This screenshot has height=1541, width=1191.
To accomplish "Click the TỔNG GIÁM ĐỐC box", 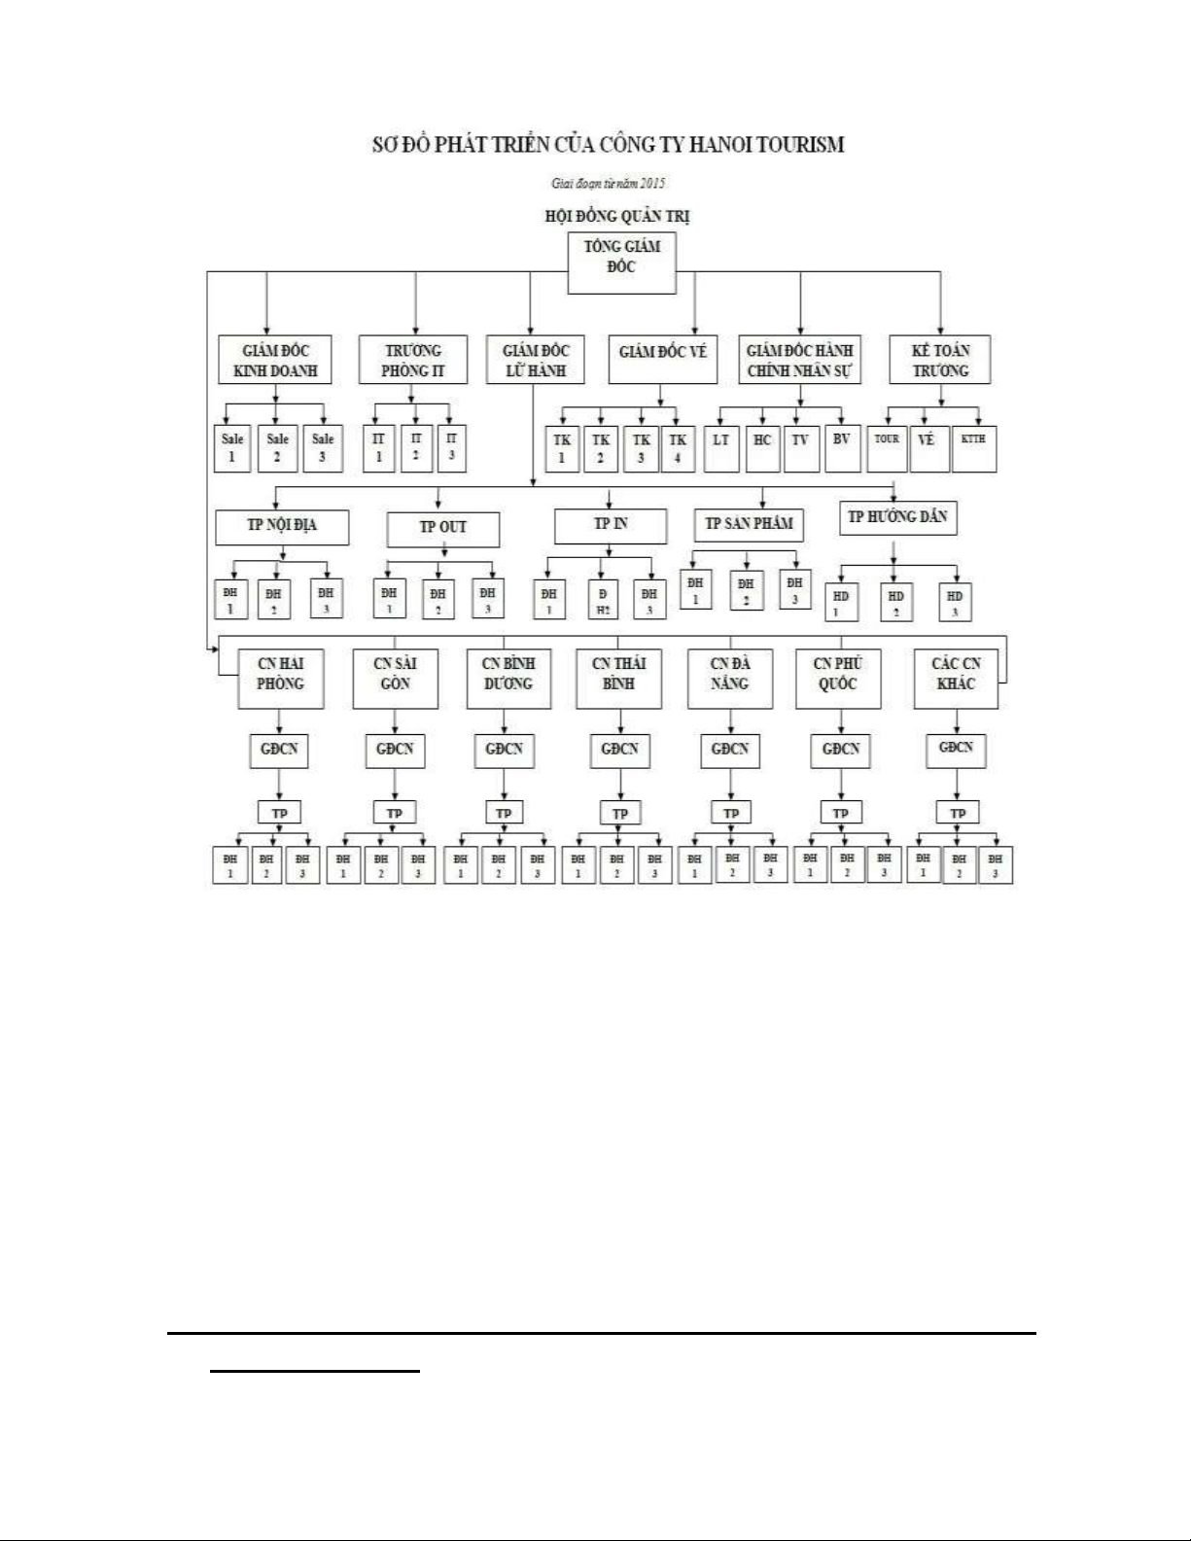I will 621,263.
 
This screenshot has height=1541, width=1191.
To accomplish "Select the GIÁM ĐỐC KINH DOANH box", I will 275,360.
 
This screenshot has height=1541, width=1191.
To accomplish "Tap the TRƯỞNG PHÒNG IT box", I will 412,360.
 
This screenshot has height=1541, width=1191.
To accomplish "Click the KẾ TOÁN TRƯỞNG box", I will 940,360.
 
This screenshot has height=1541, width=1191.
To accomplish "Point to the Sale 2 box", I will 277,448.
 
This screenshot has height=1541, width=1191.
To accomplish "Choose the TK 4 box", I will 678,448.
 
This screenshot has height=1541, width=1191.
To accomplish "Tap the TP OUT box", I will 442,529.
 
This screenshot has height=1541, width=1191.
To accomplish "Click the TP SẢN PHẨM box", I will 749,524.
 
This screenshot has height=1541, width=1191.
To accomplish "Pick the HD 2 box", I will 895,603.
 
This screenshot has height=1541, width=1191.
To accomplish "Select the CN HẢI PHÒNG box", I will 280,678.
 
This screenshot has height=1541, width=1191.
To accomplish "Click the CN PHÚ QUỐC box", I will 838,678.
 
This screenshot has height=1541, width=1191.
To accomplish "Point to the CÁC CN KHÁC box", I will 956,678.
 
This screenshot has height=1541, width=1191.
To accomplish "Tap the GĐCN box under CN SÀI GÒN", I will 395,750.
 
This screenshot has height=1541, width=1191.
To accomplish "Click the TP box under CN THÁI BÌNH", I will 619,813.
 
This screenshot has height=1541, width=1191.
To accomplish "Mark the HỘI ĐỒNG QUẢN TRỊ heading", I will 617,217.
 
